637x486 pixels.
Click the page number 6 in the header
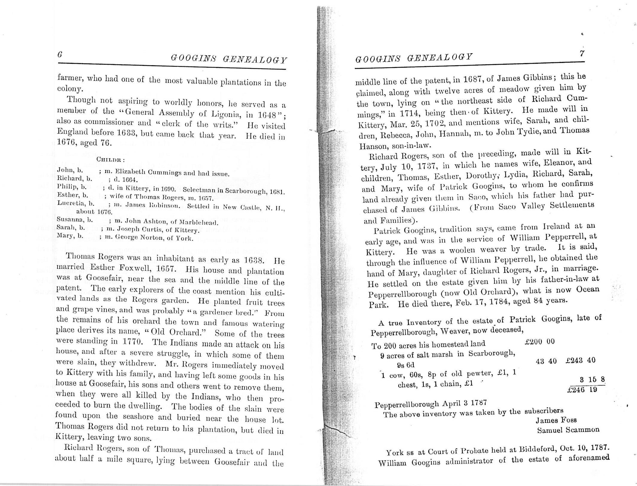[60, 55]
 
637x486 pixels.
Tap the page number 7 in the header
[582, 54]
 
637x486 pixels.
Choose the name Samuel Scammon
[568, 430]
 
